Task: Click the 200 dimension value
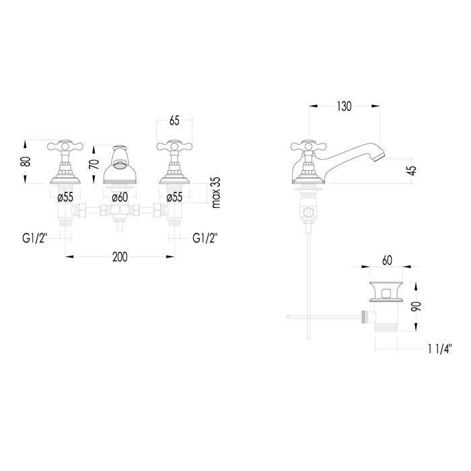point(120,257)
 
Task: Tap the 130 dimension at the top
point(344,106)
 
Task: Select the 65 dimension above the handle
point(174,120)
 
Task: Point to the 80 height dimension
point(27,161)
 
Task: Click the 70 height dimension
point(94,164)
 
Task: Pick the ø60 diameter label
point(120,197)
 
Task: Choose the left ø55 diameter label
point(65,197)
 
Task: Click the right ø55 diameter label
point(174,197)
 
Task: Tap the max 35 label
point(216,192)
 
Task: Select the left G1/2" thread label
point(35,238)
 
